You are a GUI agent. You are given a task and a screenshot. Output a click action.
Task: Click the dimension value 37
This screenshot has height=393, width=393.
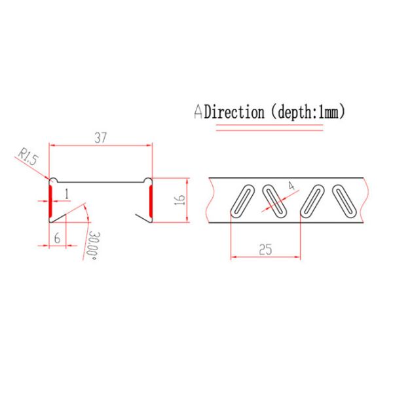coord(101,138)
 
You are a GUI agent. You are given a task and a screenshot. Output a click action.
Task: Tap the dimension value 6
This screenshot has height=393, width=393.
coord(57,239)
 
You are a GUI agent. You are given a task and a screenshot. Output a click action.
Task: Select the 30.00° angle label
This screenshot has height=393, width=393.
coord(93,246)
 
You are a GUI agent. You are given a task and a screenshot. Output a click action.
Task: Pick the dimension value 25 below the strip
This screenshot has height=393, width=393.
coord(265,249)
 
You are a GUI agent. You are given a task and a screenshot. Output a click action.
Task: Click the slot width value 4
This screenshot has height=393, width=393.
coord(290,185)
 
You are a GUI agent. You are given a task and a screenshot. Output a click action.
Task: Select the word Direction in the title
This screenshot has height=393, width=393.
coord(234,112)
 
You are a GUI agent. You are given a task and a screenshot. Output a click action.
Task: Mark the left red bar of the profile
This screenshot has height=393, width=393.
coord(50,200)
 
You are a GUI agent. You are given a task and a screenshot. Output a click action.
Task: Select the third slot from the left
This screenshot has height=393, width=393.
coord(313,199)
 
